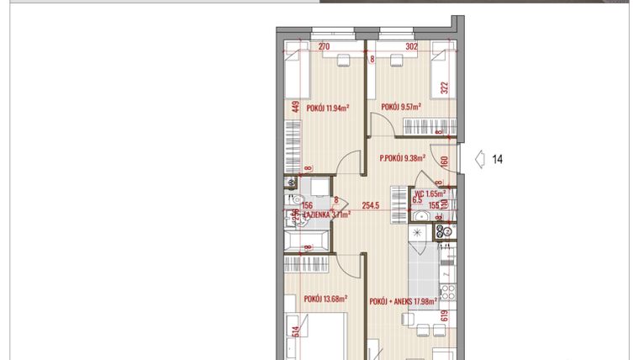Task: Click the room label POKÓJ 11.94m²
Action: point(327,108)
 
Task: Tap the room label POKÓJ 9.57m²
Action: point(401,107)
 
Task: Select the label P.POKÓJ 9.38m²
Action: point(402,156)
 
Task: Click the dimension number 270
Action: point(324,47)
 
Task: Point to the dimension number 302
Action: point(411,47)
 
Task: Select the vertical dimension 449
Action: point(296,107)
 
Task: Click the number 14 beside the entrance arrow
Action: point(497,159)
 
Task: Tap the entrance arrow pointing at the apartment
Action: point(479,159)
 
